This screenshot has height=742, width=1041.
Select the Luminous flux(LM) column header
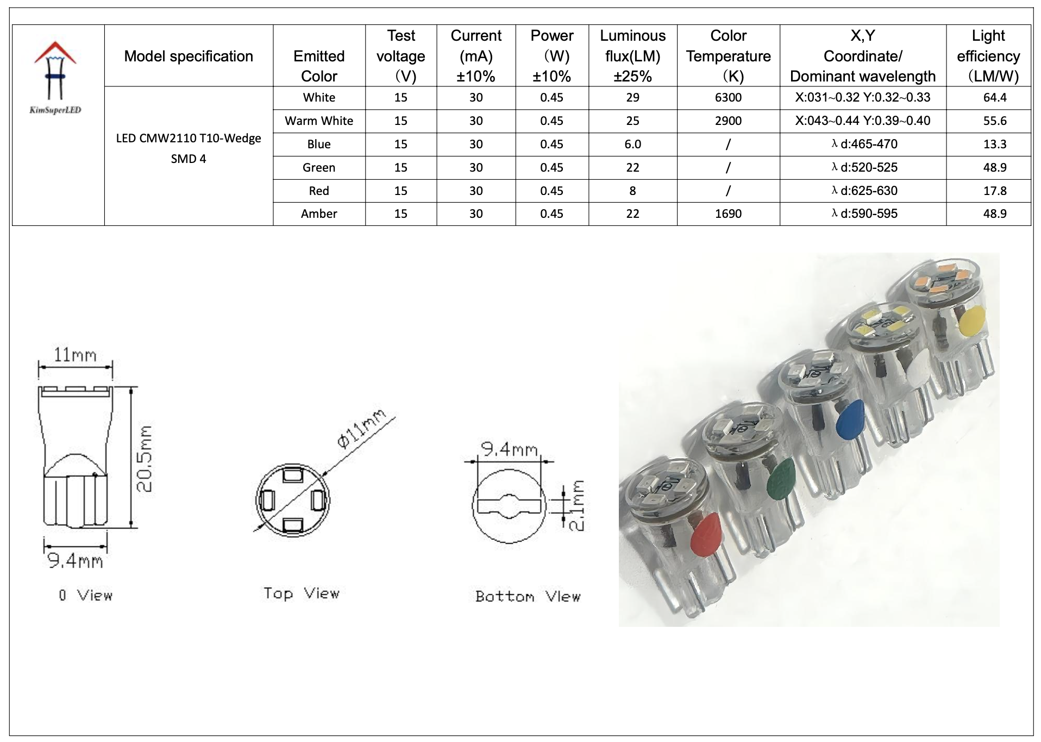click(632, 56)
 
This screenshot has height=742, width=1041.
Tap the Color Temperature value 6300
click(728, 98)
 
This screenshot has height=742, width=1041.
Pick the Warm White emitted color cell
click(319, 121)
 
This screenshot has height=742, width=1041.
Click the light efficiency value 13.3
click(994, 144)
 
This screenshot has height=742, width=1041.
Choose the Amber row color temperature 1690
click(728, 214)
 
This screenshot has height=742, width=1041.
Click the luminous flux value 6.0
click(632, 144)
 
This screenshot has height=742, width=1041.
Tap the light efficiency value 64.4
click(994, 98)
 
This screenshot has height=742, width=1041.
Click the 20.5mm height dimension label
click(145, 458)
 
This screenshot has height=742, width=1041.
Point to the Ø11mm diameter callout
click(361, 429)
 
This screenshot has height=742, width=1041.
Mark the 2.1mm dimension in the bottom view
click(578, 505)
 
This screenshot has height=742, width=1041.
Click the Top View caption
click(301, 593)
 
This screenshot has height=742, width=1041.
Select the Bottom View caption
click(528, 596)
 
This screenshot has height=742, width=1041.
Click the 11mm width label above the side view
click(75, 355)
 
